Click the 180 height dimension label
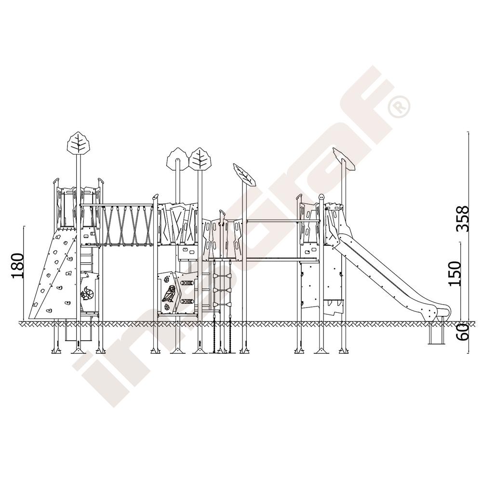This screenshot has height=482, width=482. click(17, 265)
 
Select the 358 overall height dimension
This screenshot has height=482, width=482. click(462, 218)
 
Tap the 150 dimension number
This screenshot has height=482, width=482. click(455, 274)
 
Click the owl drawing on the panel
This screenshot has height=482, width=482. click(169, 293)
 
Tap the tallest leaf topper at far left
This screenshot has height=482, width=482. click(79, 143)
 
